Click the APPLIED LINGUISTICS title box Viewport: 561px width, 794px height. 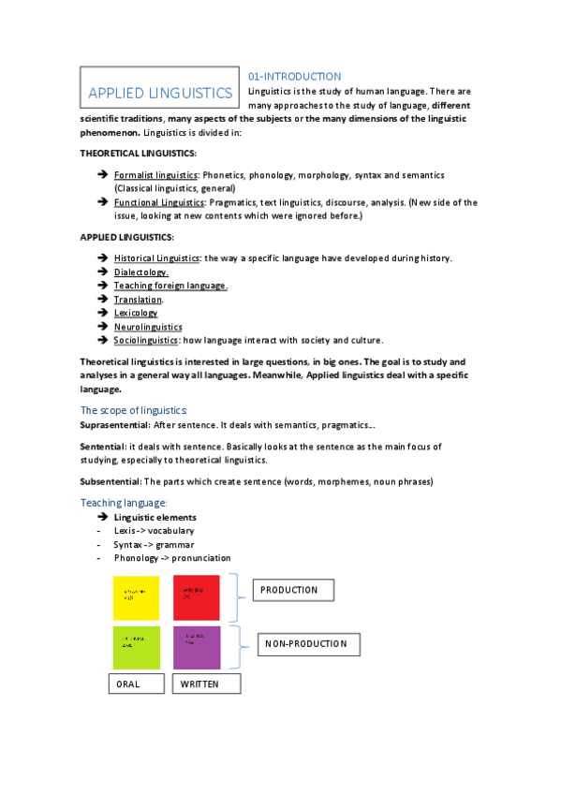coord(159,92)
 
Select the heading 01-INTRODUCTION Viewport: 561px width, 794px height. coord(294,76)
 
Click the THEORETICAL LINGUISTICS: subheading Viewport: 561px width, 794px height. coord(138,153)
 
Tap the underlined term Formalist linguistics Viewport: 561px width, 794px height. coord(155,175)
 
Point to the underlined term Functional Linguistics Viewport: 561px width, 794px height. coord(158,202)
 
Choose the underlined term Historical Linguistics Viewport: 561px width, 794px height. coord(156,258)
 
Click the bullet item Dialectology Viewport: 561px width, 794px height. coord(141,272)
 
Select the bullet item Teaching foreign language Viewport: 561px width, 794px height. coord(170,286)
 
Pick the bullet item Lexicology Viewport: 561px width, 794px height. coord(136,314)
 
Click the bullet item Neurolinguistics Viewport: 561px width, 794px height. coord(148,327)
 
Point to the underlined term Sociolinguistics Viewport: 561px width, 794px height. coord(146,341)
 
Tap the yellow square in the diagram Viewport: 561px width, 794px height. coord(137,597)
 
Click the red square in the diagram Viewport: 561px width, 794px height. coord(197,597)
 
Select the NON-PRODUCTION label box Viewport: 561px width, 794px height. coord(307,644)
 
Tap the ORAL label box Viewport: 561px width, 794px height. coord(137,684)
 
